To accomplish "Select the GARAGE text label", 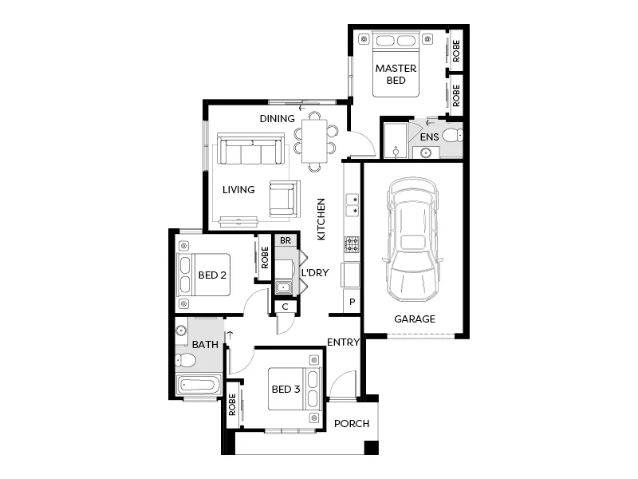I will pos(415,319).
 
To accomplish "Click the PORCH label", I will pos(352,423).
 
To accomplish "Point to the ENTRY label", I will pos(344,342).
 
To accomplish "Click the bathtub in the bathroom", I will pos(199,385).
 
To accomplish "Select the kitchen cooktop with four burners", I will pos(351,244).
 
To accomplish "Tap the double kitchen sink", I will pos(351,204).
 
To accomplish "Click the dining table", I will pos(314,141).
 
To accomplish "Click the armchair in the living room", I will pos(284,198).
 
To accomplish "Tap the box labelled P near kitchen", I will pos(351,303).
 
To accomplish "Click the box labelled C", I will pos(286,307).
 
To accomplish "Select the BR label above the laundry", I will pos(286,239).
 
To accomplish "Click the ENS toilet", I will pos(453,135).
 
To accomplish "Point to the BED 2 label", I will pos(213,276).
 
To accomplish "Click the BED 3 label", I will pos(286,390).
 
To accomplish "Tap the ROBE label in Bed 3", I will pos(232,405).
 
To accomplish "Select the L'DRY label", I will pos(314,272).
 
